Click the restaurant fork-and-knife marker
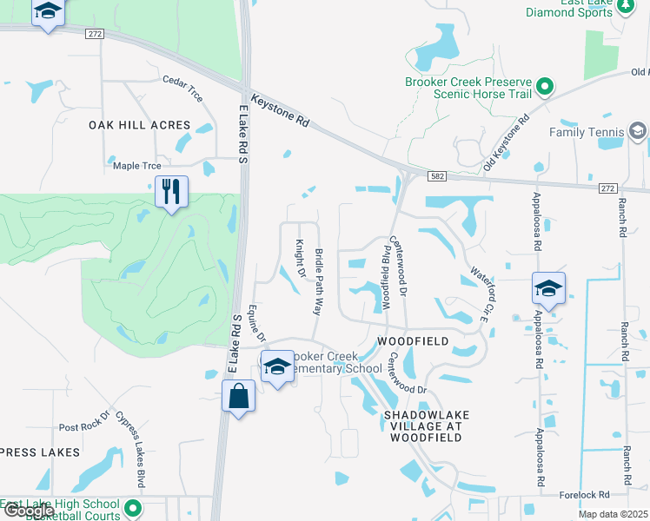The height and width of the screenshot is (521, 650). [x=171, y=191]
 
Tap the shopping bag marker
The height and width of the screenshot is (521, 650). [x=239, y=398]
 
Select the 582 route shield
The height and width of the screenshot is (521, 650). [x=436, y=175]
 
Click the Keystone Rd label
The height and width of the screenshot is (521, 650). [x=280, y=111]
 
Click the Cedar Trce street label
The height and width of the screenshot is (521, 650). [x=182, y=89]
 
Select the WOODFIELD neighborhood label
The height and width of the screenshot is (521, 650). [x=413, y=341]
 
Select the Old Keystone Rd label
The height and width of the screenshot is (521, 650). [x=507, y=135]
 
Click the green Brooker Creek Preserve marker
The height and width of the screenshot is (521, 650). [x=545, y=87]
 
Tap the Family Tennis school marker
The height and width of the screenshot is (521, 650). [x=637, y=132]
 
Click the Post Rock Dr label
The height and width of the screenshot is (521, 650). [x=84, y=426]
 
